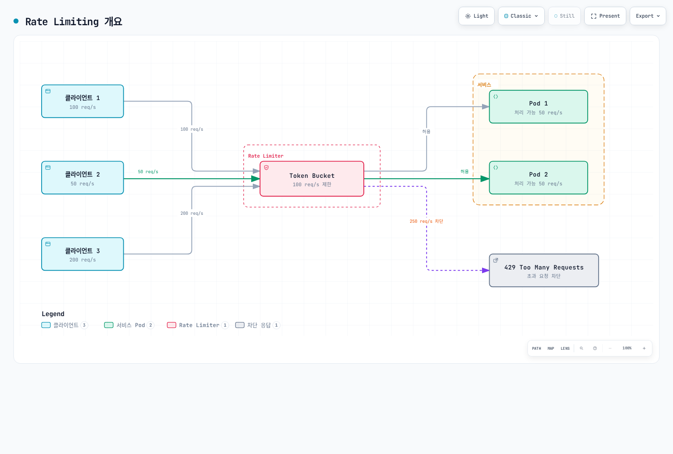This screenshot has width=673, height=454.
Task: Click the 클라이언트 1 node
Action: [x=82, y=101]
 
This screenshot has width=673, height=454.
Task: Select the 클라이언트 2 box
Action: [x=82, y=178]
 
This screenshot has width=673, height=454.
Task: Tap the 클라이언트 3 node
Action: [x=82, y=254]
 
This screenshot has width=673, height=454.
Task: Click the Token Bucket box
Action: [x=312, y=179]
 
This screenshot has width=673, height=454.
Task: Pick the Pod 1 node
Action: [x=538, y=107]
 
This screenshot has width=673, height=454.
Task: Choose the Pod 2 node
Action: [x=538, y=178]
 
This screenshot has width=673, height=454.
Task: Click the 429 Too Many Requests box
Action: [x=544, y=271]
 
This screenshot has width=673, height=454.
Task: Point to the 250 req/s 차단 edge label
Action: [x=427, y=221]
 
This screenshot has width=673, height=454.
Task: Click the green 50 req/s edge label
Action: [x=148, y=172]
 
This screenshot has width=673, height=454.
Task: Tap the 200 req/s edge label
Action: [x=192, y=214]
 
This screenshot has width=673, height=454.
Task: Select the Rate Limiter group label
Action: [x=265, y=156]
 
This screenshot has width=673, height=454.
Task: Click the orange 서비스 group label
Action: [x=484, y=85]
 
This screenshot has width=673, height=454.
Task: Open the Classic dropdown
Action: [x=521, y=16]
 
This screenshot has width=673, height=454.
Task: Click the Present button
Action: [x=605, y=16]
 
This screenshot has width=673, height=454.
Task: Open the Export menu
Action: [x=648, y=16]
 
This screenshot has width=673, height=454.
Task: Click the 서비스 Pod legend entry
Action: [x=129, y=325]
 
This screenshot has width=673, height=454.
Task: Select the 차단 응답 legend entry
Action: [x=258, y=325]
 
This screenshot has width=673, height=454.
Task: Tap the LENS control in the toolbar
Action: [x=565, y=348]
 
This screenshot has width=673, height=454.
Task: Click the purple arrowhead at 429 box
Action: [x=485, y=271]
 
